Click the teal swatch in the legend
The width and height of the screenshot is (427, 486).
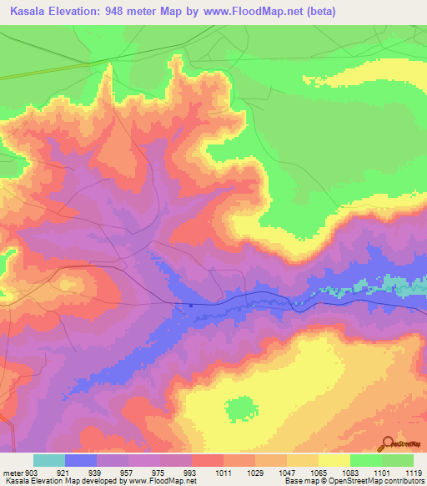[49, 460]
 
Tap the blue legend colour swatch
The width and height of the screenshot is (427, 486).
[81, 460]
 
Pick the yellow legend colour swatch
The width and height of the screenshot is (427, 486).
[334, 460]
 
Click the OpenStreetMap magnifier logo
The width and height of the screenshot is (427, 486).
[386, 444]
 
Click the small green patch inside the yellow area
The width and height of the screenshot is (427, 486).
[241, 409]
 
